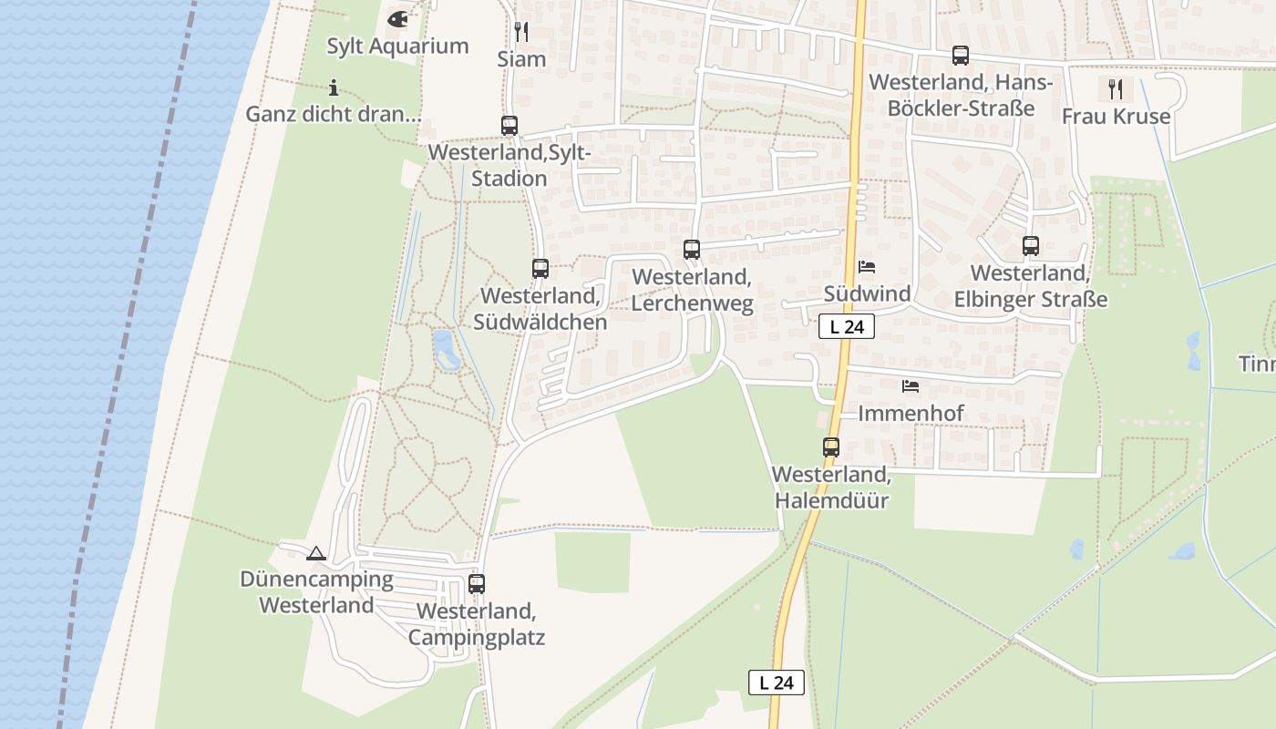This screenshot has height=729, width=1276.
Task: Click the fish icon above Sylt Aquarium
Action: click(397, 18)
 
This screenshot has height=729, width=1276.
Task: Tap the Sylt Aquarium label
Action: click(397, 46)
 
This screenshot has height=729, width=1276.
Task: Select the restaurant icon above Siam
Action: click(521, 32)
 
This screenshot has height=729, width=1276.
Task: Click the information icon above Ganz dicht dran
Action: click(334, 87)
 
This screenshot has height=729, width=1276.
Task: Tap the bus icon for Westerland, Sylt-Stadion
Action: click(509, 126)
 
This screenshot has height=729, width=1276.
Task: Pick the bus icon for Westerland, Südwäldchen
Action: click(540, 269)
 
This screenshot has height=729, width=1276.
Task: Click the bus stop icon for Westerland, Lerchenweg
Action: click(692, 249)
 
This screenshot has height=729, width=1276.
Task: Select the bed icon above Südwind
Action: click(867, 267)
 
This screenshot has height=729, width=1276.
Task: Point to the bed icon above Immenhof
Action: click(911, 386)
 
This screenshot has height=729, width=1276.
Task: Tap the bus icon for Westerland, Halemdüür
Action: click(831, 447)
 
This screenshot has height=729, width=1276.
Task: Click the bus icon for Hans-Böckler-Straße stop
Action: click(961, 56)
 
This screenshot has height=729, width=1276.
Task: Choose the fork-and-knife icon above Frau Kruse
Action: click(1116, 89)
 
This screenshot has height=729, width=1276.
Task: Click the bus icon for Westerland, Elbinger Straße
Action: click(1031, 246)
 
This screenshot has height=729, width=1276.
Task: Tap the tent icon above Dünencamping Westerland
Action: click(316, 553)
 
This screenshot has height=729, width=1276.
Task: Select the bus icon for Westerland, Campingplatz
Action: click(477, 584)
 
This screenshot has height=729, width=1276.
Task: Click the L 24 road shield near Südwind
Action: click(847, 326)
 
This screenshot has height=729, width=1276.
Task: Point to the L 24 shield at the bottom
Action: click(777, 683)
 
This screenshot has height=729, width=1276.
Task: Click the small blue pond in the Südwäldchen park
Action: click(445, 350)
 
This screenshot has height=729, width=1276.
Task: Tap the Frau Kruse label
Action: click(1116, 117)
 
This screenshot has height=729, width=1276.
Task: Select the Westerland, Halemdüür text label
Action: click(830, 488)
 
